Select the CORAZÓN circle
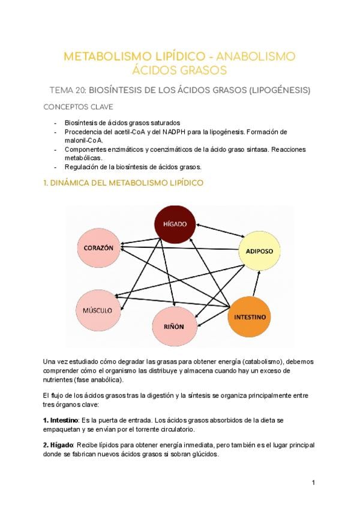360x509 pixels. click(99, 247)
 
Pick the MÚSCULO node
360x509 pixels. click(98, 310)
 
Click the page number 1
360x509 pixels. click(313, 483)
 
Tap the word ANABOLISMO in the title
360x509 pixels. click(255, 57)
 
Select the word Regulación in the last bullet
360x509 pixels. click(83, 166)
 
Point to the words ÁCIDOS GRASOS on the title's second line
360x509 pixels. click(180, 71)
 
